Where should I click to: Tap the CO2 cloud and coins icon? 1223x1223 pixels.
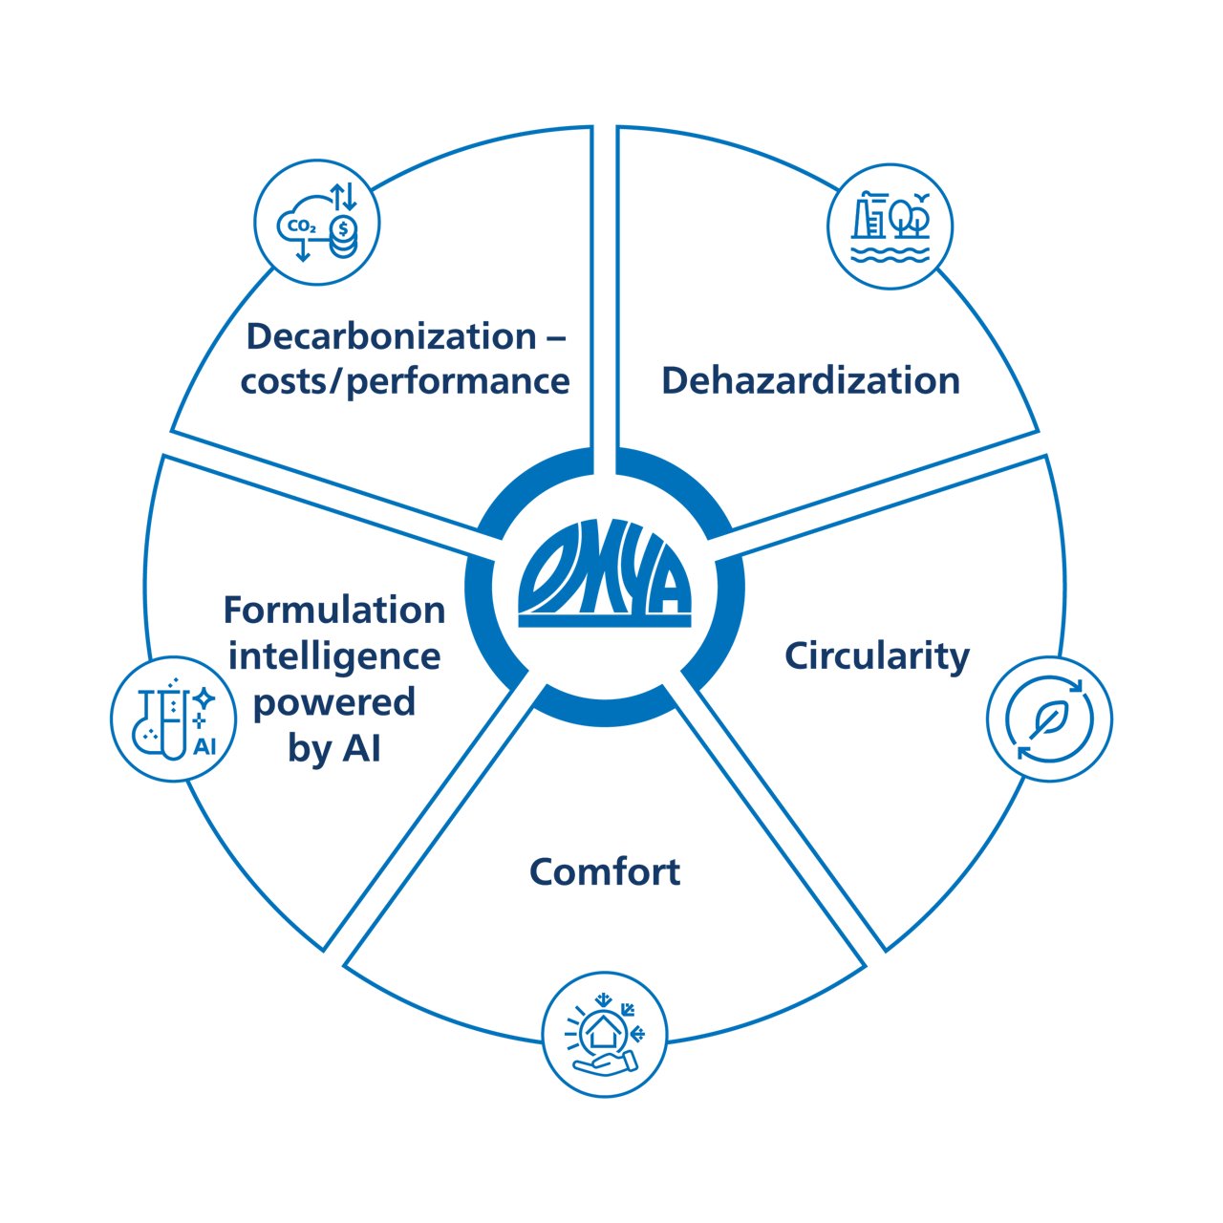tap(317, 225)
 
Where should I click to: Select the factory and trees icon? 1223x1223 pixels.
tap(890, 226)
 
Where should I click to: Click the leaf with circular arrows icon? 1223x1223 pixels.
tap(1049, 719)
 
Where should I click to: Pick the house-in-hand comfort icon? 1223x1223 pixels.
tap(604, 1036)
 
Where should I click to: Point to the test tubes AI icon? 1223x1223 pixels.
tap(174, 719)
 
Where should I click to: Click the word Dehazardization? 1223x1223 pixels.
tap(810, 380)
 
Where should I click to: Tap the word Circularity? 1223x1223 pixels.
tap(876, 655)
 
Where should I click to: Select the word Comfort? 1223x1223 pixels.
tap(604, 871)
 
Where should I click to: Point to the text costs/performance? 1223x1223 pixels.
tap(405, 381)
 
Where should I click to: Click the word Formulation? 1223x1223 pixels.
tap(334, 610)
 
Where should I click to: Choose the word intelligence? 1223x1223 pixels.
tap(334, 656)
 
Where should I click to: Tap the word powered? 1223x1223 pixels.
tap(334, 702)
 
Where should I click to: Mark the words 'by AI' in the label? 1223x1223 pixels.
tap(334, 749)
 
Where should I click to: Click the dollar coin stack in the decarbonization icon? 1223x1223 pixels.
tap(343, 237)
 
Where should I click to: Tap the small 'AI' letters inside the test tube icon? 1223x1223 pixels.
tap(204, 746)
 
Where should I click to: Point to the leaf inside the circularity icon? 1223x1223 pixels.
tap(1048, 719)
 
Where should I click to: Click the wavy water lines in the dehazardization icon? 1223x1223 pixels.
tap(890, 254)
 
